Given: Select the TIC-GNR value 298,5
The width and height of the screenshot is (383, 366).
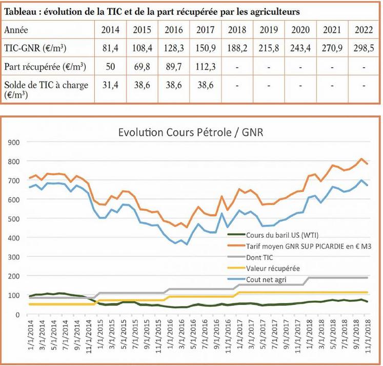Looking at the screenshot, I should pyautogui.click(x=364, y=48).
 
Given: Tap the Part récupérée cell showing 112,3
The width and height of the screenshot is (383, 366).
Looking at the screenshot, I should pyautogui.click(x=205, y=67).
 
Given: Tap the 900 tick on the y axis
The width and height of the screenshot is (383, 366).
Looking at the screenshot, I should pyautogui.click(x=13, y=142).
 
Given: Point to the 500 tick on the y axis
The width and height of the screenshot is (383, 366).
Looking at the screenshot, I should pyautogui.click(x=13, y=219).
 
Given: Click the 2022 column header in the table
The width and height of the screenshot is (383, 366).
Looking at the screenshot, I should pyautogui.click(x=364, y=30).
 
